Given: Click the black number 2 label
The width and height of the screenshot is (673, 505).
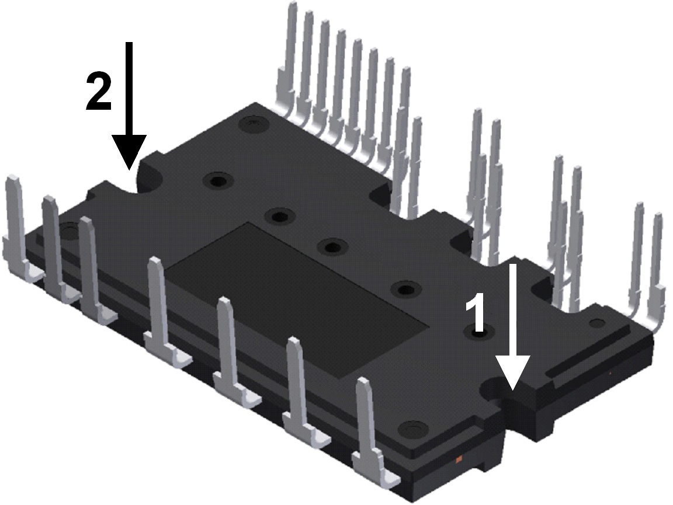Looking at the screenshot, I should tap(99, 92).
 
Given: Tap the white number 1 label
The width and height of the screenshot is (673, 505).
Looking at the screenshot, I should tap(478, 316).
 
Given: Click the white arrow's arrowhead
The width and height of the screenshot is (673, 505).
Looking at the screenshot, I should tap(512, 373).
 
